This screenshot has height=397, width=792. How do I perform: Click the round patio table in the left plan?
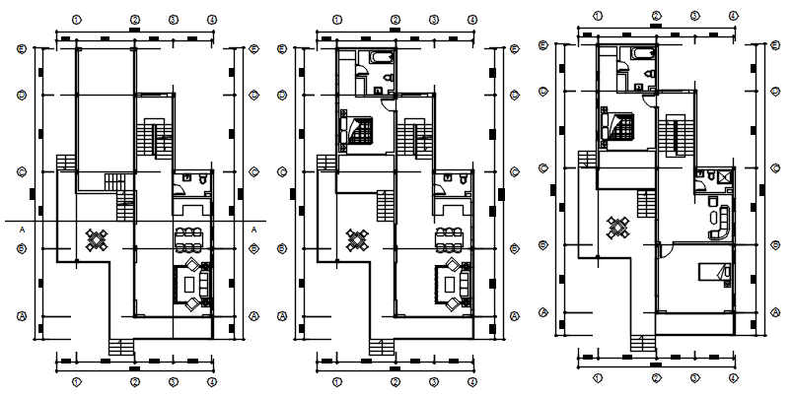click(97, 238)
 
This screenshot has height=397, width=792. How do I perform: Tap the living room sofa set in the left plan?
click(190, 283)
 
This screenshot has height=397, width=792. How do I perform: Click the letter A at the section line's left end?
click(21, 229)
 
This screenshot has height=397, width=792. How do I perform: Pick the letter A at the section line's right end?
click(254, 229)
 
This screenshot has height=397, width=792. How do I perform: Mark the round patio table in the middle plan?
click(357, 238)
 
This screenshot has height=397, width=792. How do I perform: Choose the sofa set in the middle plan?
click(451, 283)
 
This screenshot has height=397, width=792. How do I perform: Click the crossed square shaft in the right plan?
click(725, 176)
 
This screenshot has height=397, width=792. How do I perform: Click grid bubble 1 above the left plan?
click(77, 19)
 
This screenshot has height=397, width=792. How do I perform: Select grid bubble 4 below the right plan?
click(732, 376)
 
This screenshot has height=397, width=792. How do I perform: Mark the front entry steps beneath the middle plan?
click(381, 346)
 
